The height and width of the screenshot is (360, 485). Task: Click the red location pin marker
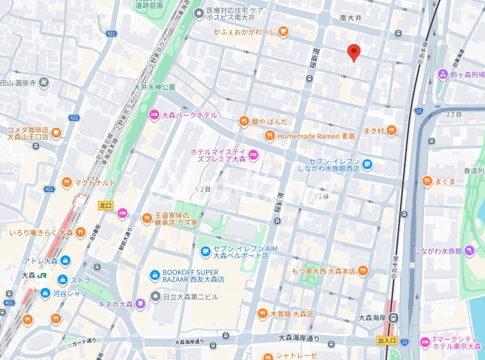click(353, 53)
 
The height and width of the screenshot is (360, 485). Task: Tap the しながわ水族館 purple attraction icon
click(470, 250)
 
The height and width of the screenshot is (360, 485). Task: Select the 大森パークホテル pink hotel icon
click(154, 115)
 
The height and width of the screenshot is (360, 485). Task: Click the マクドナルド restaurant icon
click(66, 182)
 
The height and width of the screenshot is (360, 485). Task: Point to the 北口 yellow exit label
click(105, 205)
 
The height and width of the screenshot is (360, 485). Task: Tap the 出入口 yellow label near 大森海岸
click(387, 341)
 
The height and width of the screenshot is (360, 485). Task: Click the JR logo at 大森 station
click(42, 275)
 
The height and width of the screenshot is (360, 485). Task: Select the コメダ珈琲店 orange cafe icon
click(56, 132)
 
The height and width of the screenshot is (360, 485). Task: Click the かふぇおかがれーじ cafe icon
click(283, 31)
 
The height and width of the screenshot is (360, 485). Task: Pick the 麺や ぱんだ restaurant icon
click(244, 121)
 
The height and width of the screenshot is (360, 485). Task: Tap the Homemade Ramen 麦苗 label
click(316, 136)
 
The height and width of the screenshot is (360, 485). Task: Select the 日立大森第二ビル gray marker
click(154, 296)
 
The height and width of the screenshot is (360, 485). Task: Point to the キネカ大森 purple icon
click(140, 304)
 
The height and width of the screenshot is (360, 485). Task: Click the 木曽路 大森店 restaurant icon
click(262, 314)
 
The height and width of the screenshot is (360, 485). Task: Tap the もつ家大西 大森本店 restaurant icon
click(363, 271)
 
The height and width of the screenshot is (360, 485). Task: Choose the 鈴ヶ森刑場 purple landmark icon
click(443, 74)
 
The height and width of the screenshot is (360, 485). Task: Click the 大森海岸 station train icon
click(394, 317)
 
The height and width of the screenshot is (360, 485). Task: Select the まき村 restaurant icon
click(391, 130)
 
